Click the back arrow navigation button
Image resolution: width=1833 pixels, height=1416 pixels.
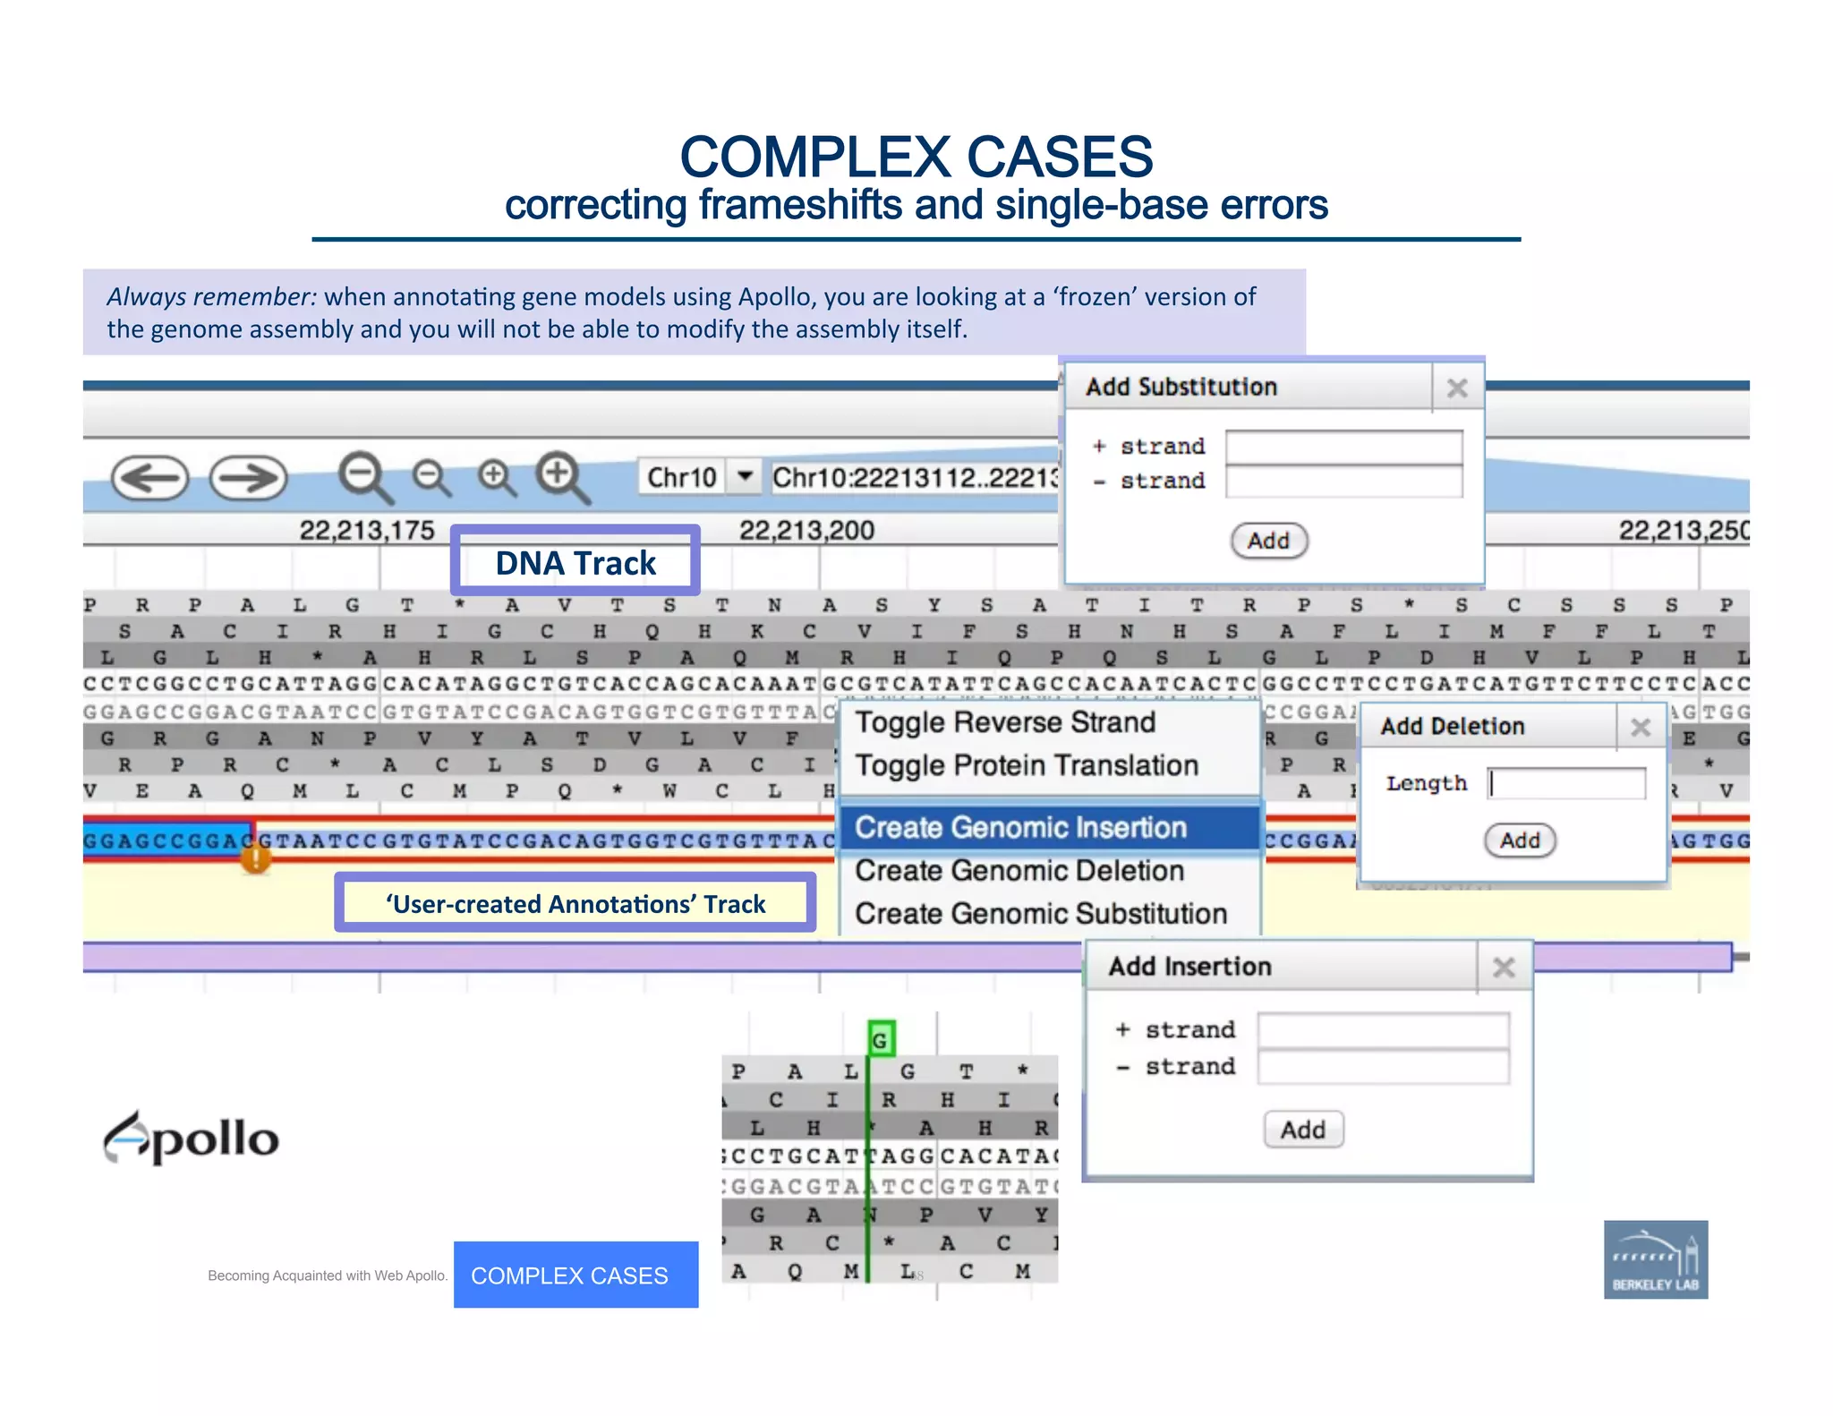[149, 478]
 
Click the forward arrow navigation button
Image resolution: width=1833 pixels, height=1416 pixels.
[248, 478]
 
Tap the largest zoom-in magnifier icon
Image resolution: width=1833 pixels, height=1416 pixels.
[561, 476]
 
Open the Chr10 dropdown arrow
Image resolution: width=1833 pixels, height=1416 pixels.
[745, 476]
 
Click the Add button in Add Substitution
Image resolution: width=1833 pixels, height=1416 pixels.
[1268, 541]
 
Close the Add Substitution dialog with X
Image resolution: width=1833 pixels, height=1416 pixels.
[1457, 388]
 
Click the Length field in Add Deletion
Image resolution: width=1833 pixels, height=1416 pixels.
[1566, 783]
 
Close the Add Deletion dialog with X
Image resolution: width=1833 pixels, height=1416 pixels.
[1640, 727]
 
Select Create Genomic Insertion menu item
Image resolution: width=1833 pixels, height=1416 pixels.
[1020, 827]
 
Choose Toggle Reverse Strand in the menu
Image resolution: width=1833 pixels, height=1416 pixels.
[1005, 722]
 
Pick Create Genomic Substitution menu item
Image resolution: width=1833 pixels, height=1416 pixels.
[1040, 914]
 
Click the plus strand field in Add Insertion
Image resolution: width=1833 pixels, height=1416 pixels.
[1382, 1029]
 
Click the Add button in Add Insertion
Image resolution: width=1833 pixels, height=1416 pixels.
[1302, 1130]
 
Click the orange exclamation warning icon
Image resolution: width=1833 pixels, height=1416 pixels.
[256, 859]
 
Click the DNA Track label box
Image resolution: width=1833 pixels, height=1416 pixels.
[575, 562]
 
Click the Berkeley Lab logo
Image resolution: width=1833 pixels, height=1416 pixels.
[1655, 1259]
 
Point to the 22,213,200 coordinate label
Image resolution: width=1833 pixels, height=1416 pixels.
[806, 531]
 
